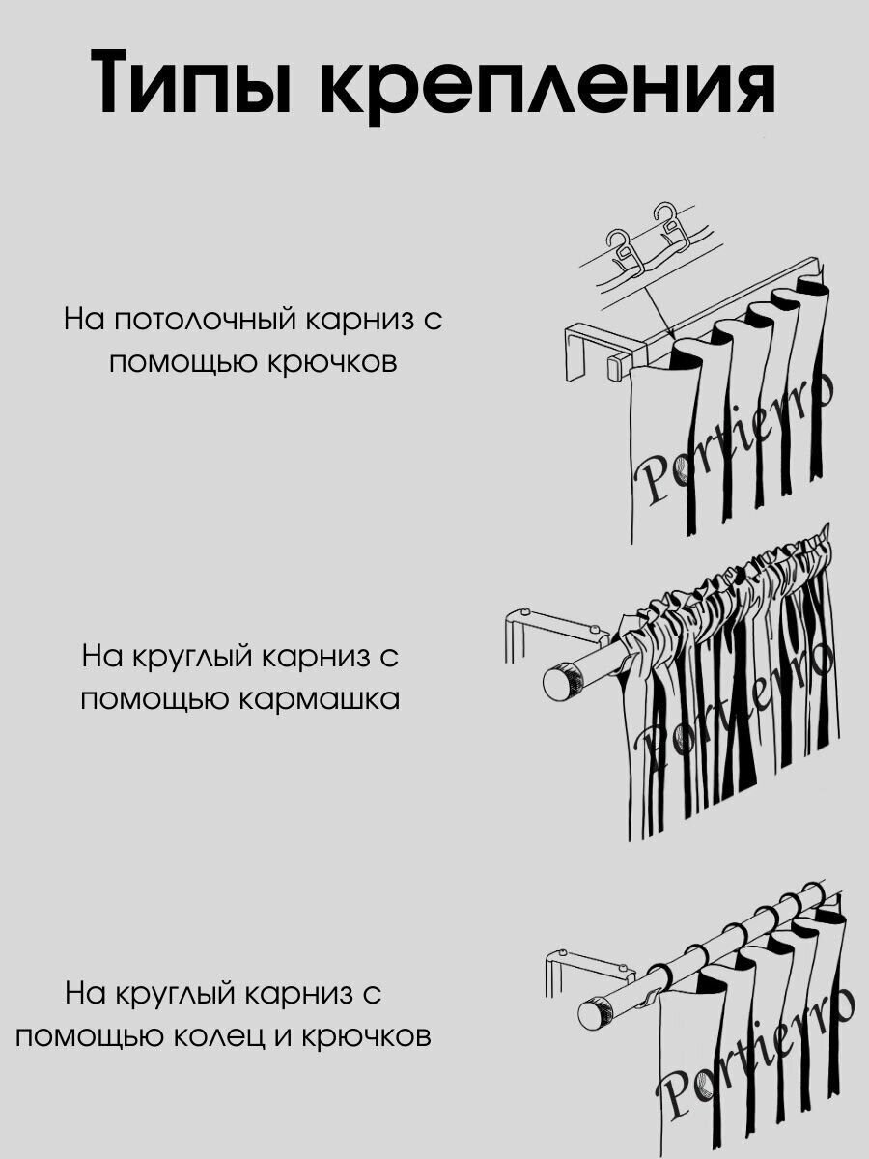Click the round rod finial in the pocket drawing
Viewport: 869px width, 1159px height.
[x=558, y=682]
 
